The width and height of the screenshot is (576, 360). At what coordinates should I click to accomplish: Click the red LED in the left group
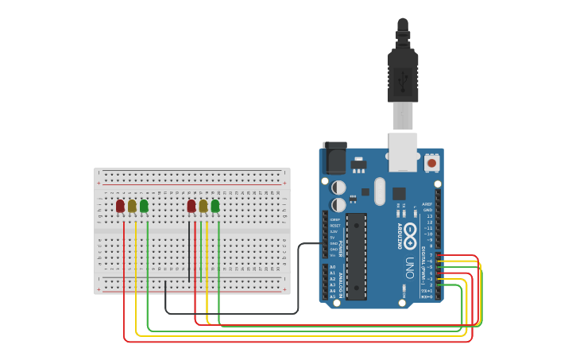tap(120, 206)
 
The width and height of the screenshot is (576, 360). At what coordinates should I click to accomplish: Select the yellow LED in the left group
tap(132, 206)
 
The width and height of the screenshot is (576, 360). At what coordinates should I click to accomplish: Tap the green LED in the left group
tap(144, 206)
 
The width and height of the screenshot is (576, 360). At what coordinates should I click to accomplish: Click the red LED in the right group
tap(191, 206)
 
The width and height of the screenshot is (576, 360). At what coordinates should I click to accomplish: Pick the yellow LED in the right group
tap(203, 206)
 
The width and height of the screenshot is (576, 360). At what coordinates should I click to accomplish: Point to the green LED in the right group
tap(215, 206)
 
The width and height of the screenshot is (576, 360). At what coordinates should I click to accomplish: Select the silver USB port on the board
tap(403, 151)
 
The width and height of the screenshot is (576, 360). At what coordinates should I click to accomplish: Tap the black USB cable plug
tap(403, 75)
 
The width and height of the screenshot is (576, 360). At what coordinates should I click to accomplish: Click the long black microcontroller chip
tap(356, 256)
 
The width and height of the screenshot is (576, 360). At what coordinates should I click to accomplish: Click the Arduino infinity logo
tap(410, 236)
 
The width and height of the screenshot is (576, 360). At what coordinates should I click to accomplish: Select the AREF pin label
tap(427, 203)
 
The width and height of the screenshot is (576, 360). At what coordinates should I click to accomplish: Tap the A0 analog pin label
tap(333, 267)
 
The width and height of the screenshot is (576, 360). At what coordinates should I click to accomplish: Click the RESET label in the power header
tap(335, 225)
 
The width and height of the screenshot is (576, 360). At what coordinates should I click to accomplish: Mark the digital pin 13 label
tap(429, 215)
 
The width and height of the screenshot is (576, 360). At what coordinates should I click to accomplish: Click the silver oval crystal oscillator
tap(380, 191)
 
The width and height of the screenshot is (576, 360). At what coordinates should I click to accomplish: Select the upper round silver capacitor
tap(338, 188)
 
